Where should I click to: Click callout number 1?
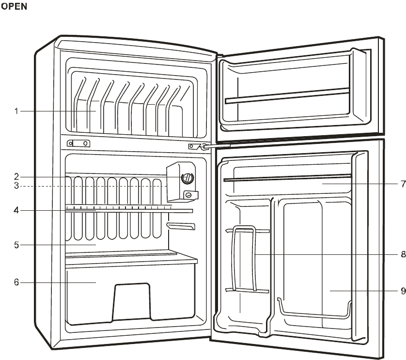tap(16, 111)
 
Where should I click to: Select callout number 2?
tap(16, 177)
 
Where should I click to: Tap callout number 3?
tap(16, 186)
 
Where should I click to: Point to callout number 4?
tap(16, 211)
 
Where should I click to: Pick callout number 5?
tap(16, 245)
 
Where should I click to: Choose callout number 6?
tap(16, 282)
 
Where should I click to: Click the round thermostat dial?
tap(186, 178)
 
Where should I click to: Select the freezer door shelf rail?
tap(287, 95)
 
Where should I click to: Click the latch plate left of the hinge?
tap(78, 143)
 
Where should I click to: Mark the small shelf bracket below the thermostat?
tap(181, 226)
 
